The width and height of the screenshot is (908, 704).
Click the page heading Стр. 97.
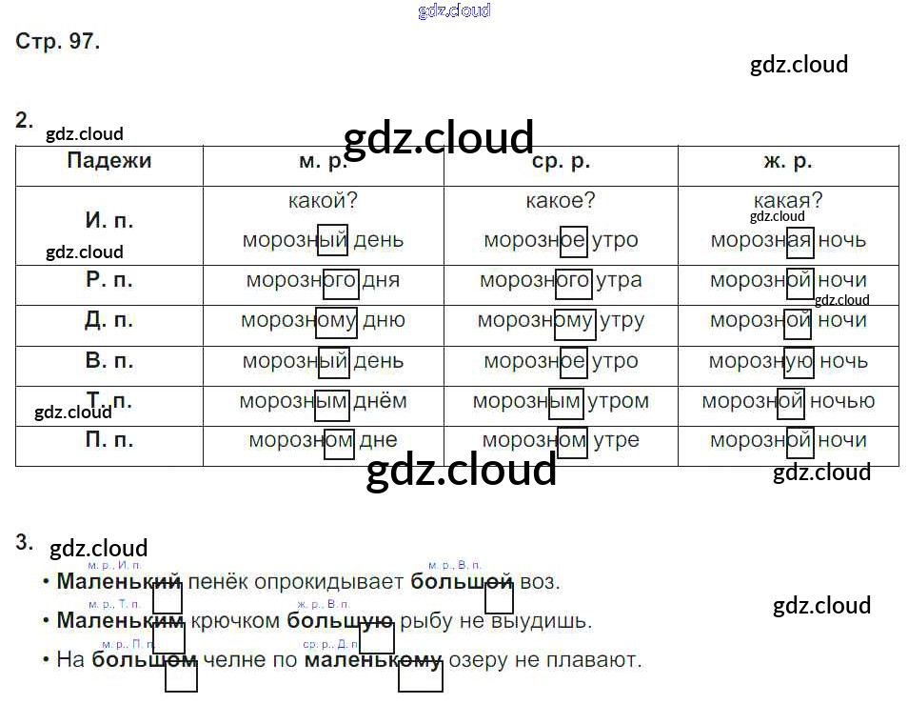pos(58,42)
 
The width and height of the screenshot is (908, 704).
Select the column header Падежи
pos(109,161)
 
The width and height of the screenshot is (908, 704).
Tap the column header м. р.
pos(323,162)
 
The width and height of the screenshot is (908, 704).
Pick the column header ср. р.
pos(561,162)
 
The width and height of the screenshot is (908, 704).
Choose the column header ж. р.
pos(787,162)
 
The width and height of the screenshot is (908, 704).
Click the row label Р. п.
pos(109,280)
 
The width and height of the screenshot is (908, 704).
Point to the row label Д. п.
pos(109,320)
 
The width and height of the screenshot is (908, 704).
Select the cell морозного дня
pos(323,280)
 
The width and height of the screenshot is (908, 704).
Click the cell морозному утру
pos(561,320)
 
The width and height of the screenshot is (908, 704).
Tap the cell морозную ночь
pos(788,361)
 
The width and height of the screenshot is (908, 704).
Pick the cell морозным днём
pos(323,401)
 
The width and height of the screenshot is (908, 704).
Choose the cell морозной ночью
pos(788,401)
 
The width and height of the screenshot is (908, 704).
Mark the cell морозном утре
pos(561,441)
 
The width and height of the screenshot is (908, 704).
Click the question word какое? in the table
pos(561,201)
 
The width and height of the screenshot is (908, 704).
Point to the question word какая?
pos(787,201)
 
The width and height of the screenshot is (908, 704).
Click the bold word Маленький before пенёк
pos(119,581)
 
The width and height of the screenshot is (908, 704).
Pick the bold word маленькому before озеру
pos(373,659)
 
